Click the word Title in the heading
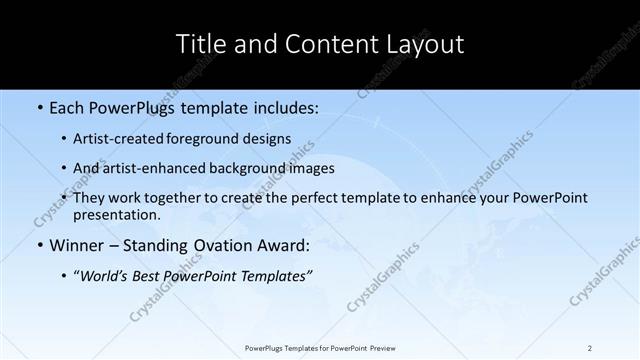pos(200,44)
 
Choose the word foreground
pos(204,139)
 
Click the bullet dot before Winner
pos(38,246)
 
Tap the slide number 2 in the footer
pos(590,347)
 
